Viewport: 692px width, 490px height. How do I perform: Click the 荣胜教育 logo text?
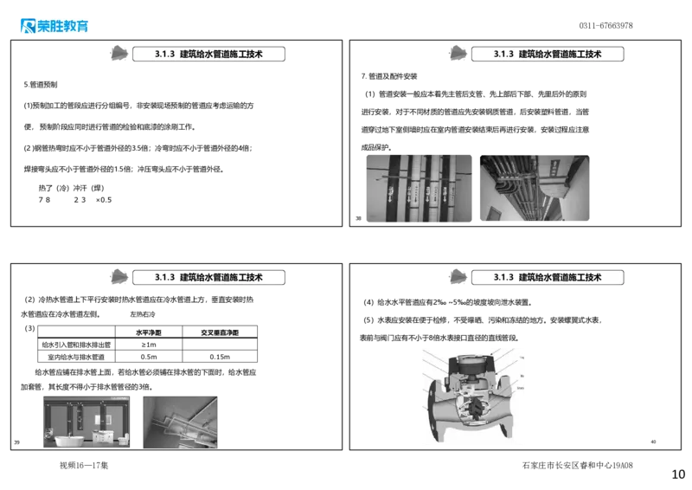(63, 27)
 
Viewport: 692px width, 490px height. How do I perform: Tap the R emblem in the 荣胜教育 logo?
(26, 27)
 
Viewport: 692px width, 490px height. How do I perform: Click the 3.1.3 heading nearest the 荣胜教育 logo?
(209, 54)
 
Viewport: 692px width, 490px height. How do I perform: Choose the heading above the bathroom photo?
(209, 278)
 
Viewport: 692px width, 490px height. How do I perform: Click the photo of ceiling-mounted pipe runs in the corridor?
(536, 187)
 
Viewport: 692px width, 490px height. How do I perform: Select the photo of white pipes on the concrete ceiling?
(180, 422)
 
